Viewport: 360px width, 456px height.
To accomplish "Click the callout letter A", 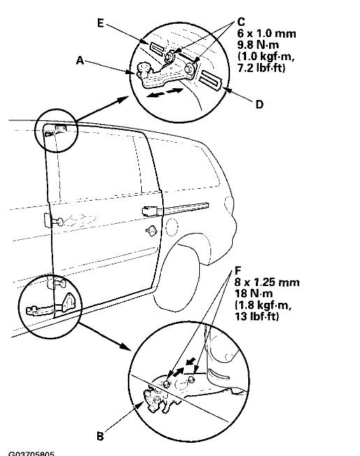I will (x=80, y=61).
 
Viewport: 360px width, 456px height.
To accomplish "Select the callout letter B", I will (x=100, y=436).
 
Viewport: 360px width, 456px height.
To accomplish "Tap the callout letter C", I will (x=240, y=22).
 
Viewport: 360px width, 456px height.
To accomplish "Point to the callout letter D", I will (x=259, y=106).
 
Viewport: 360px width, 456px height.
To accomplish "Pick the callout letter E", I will (x=101, y=22).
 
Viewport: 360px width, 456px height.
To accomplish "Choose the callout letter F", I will (x=238, y=268).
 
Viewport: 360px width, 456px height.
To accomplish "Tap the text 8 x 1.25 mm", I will (x=268, y=283).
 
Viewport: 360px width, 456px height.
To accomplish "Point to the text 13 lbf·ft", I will (x=259, y=316).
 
